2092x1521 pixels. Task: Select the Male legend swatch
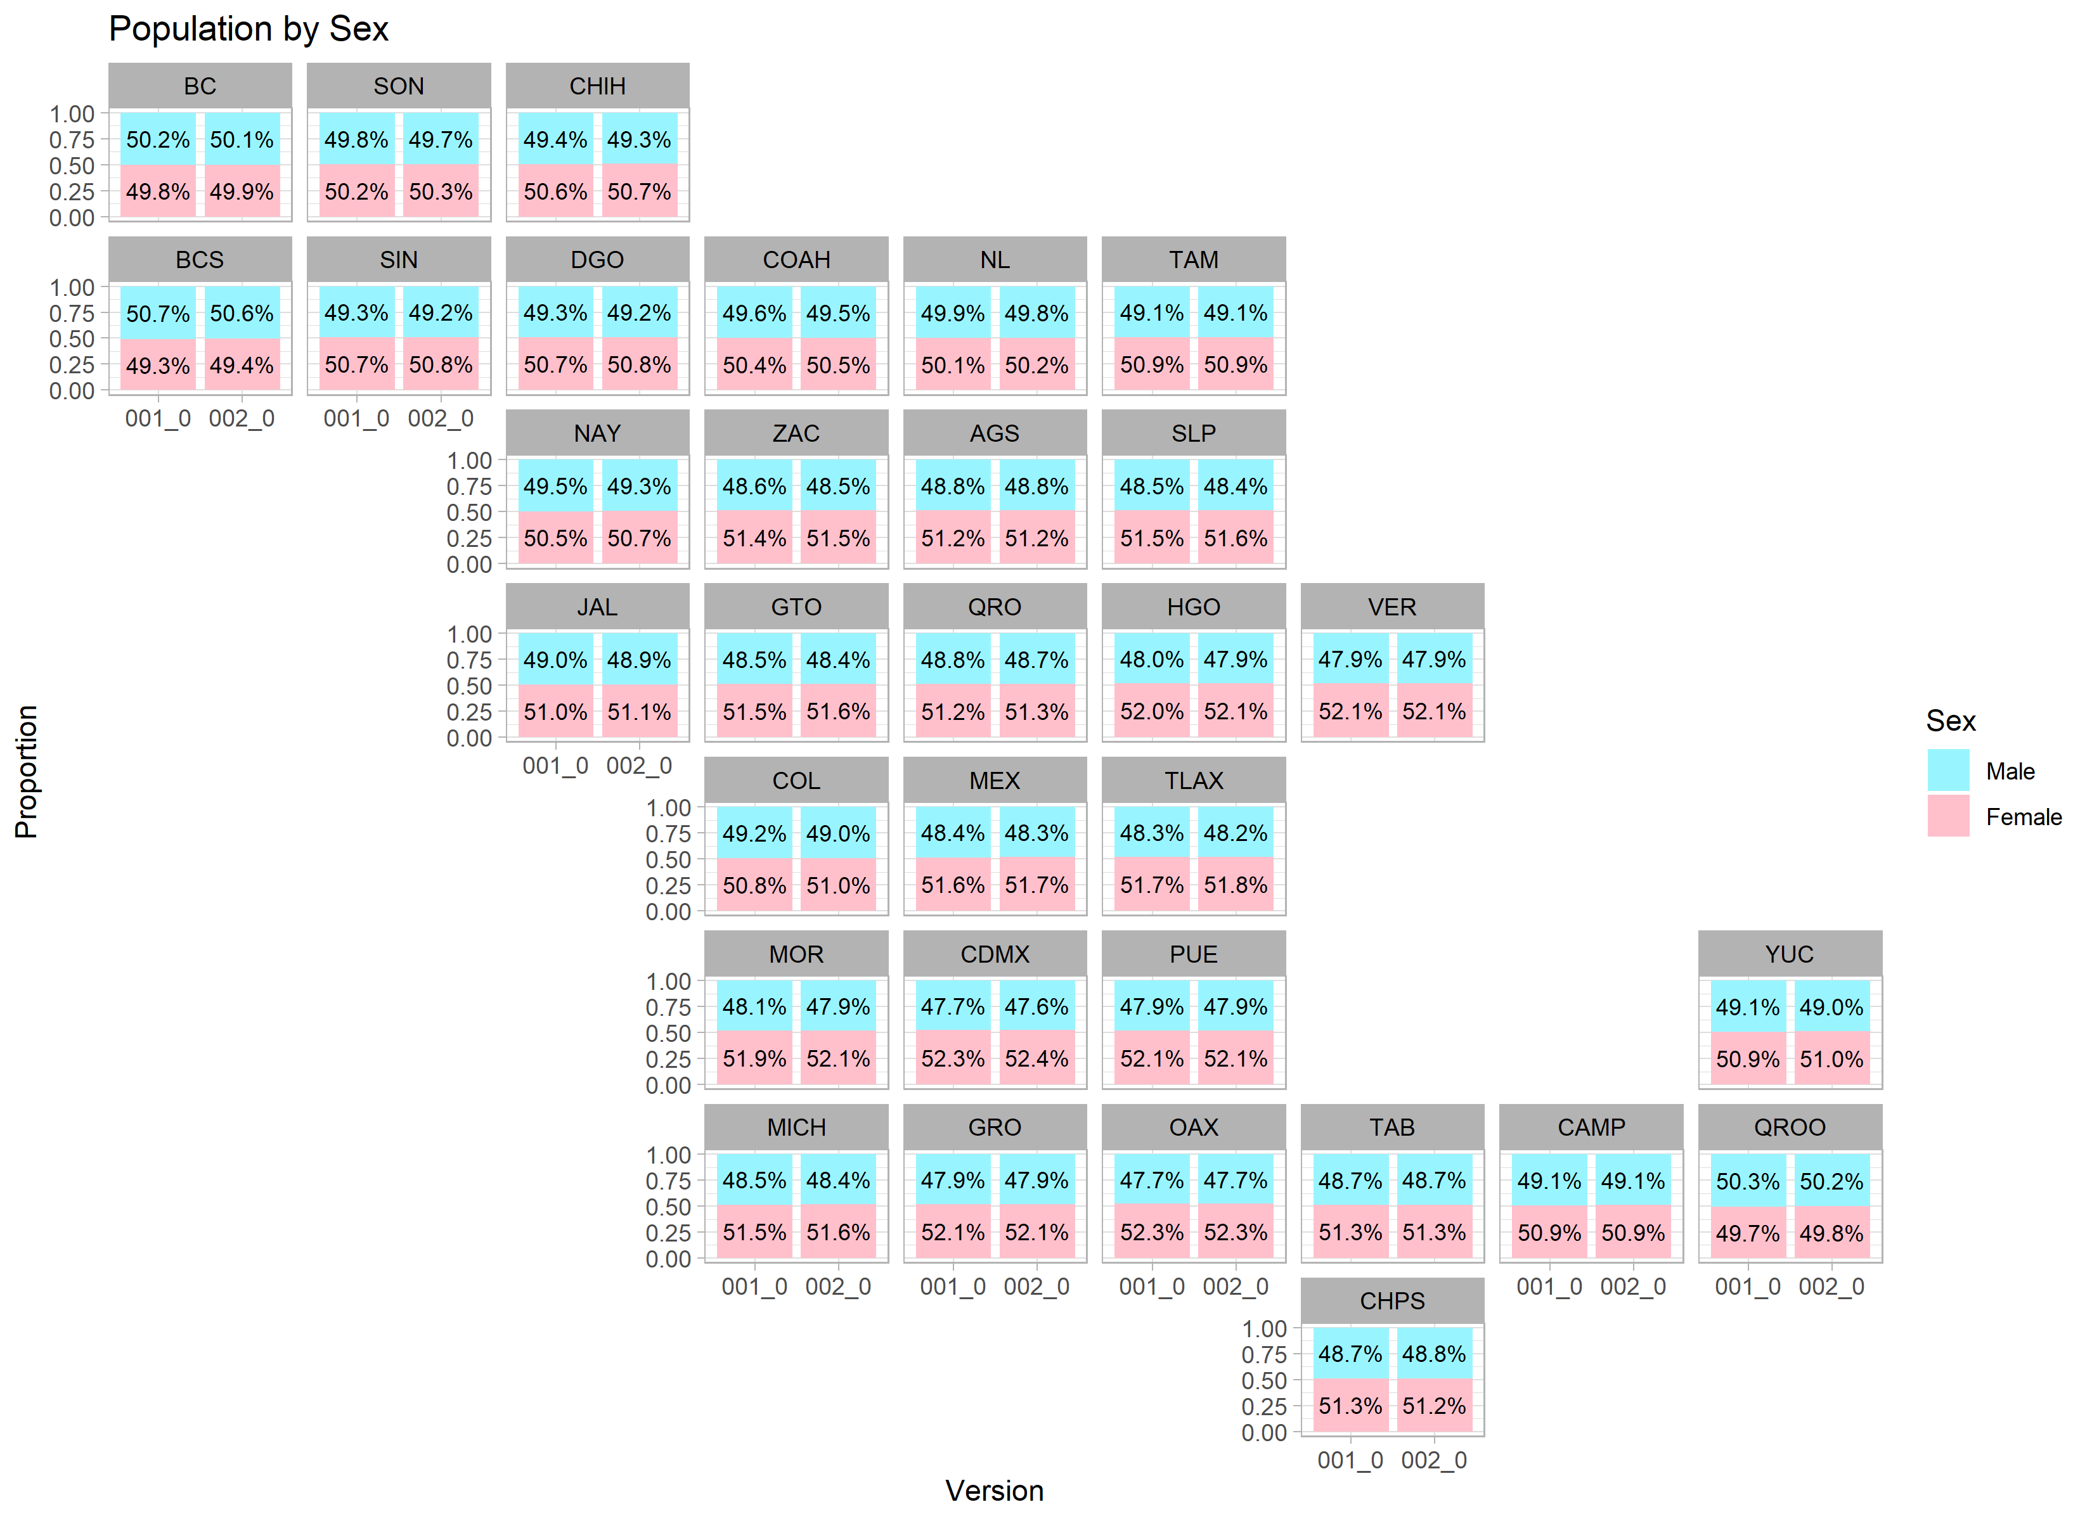1947,770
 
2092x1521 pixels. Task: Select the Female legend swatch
1947,816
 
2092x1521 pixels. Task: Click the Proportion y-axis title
26,771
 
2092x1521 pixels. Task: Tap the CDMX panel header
995,954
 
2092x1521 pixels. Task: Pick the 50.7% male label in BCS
158,314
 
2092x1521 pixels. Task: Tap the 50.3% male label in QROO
1747,1181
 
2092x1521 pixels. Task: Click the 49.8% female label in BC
158,192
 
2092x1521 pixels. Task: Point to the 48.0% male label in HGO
1151,660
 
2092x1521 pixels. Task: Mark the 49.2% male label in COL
754,834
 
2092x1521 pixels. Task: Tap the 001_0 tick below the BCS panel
158,419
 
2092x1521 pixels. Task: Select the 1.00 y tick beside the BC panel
72,114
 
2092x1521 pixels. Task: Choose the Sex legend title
1950,721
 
